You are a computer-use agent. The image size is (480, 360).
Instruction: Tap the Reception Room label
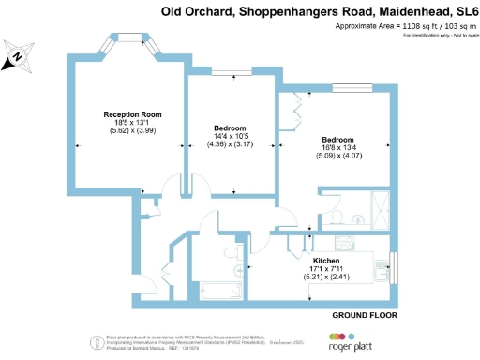[x=132, y=113]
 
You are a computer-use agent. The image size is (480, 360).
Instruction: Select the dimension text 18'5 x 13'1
[x=132, y=123]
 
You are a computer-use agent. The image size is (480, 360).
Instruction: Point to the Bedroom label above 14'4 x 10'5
[x=230, y=127]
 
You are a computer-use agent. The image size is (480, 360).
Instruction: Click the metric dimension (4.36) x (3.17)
[x=230, y=145]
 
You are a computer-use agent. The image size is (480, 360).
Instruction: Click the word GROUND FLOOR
[x=365, y=316]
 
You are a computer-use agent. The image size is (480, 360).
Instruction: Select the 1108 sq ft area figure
[x=421, y=26]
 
